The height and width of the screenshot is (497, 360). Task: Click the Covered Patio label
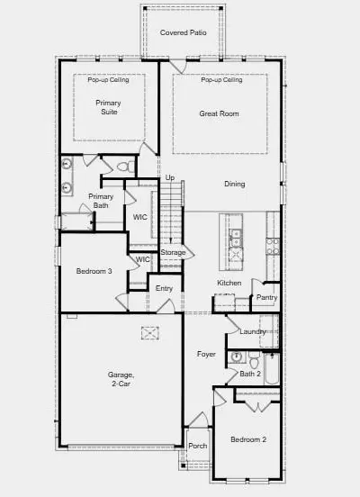click(184, 32)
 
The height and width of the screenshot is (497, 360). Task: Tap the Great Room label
click(219, 113)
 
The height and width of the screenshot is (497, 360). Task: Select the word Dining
click(235, 185)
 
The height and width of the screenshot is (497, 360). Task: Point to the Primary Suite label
click(108, 107)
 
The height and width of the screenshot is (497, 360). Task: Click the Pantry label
click(266, 297)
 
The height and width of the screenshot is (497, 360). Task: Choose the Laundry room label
click(253, 331)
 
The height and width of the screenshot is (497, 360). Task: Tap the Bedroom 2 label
click(248, 439)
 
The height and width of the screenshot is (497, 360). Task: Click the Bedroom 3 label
click(94, 271)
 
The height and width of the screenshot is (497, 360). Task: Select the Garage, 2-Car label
click(121, 379)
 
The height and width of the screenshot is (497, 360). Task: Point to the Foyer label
click(206, 354)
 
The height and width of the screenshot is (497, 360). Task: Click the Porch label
click(198, 446)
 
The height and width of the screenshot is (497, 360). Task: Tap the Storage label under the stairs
click(173, 252)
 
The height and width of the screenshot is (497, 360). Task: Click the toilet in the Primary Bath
click(125, 166)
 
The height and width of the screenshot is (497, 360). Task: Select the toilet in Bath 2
click(254, 360)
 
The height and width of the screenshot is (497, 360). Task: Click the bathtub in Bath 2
click(272, 368)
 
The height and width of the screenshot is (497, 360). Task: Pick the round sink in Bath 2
click(237, 357)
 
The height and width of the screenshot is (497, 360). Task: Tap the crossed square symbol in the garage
click(150, 333)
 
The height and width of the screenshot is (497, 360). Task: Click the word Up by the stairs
click(170, 177)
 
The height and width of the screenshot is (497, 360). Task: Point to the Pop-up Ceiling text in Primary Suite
click(108, 79)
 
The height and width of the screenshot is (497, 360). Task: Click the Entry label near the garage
click(164, 288)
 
